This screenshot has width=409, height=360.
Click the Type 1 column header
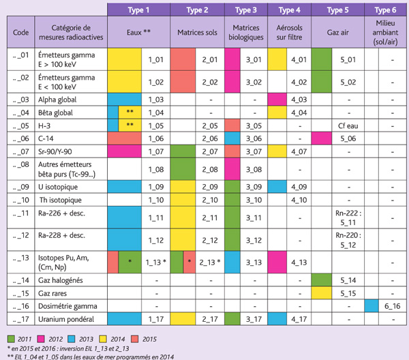click(x=138, y=10)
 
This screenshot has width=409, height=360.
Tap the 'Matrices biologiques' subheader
click(x=248, y=31)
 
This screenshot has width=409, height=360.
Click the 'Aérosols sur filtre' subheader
click(x=290, y=31)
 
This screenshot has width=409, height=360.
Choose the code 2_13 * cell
click(x=211, y=261)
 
